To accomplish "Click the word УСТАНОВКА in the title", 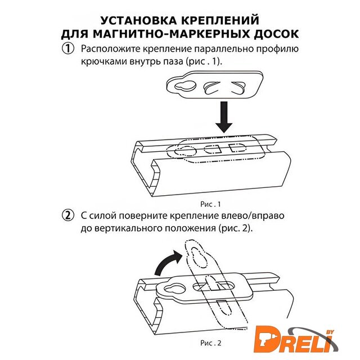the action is [x=139, y=20].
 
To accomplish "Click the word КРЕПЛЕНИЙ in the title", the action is [x=220, y=20].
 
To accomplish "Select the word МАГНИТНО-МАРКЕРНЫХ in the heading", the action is [x=171, y=34].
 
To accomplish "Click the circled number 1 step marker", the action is [x=68, y=49].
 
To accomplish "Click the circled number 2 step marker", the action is [x=68, y=215].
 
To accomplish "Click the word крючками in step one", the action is [x=103, y=62].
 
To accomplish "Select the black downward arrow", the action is [x=224, y=117].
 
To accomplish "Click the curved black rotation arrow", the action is [x=167, y=262].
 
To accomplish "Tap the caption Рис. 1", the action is [x=210, y=204].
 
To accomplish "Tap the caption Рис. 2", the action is [x=210, y=343].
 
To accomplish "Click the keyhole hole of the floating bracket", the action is [x=186, y=85].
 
